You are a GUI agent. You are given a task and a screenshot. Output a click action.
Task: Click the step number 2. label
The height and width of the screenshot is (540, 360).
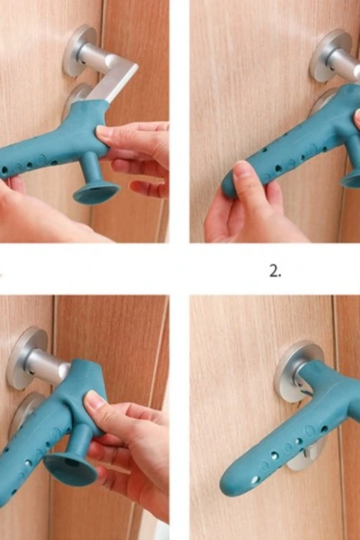(x=275, y=272)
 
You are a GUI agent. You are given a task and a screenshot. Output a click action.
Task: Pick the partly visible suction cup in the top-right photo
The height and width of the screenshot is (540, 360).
(x=351, y=179)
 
